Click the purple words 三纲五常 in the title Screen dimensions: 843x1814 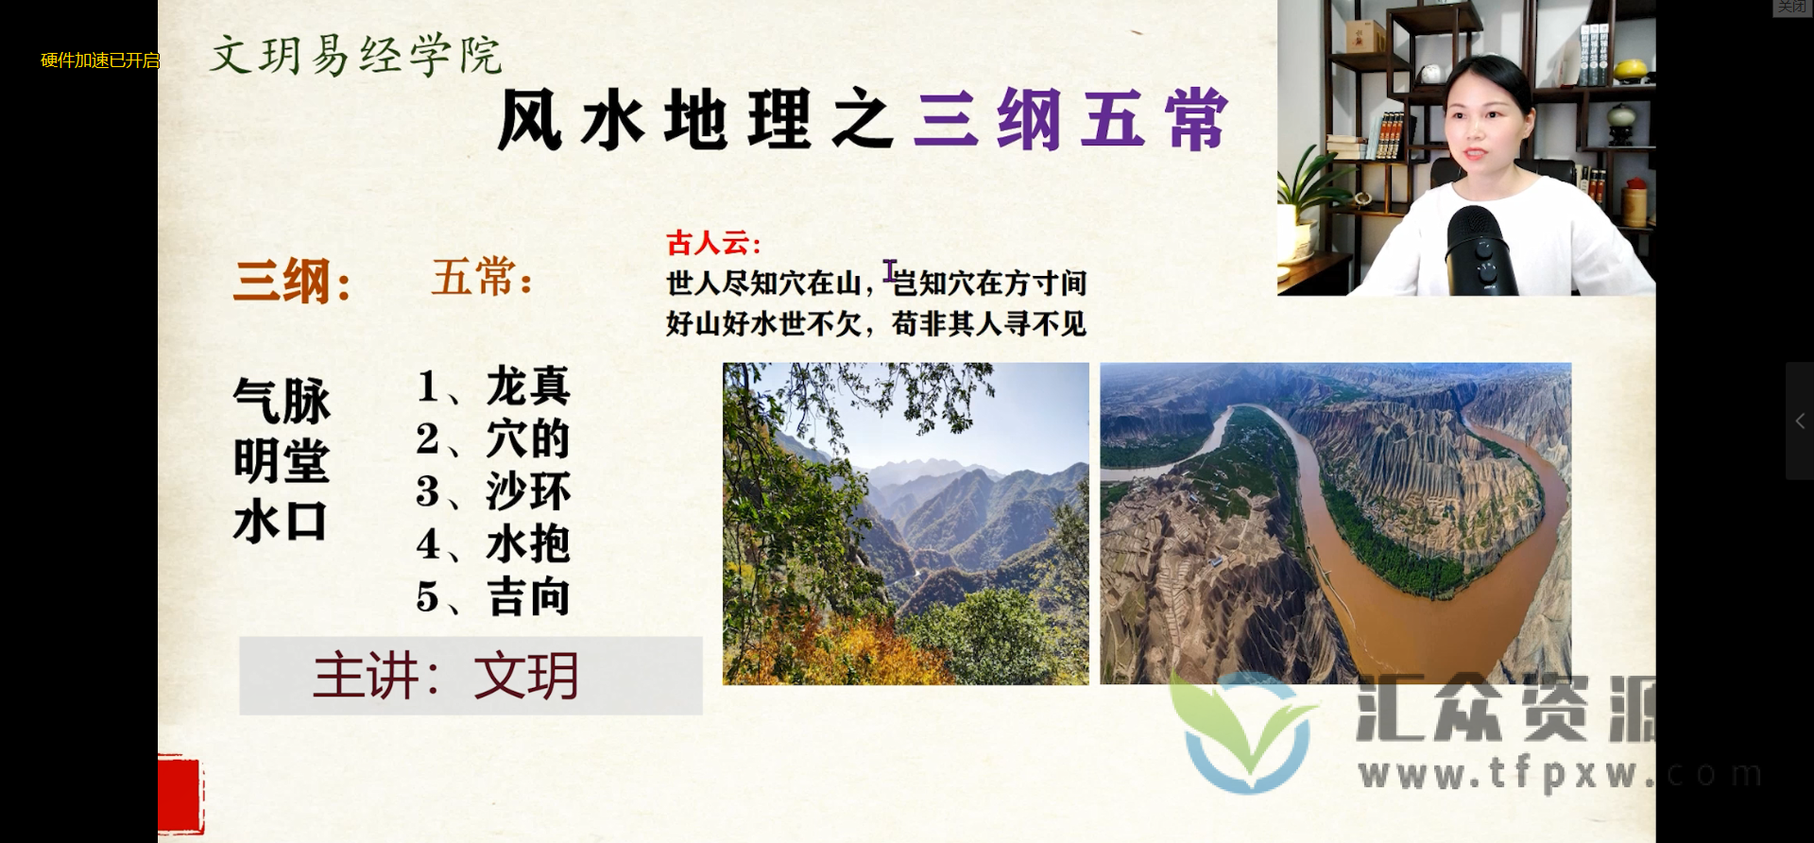[1070, 120]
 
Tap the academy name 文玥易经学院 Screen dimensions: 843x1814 [355, 55]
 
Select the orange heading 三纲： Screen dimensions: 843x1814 [293, 281]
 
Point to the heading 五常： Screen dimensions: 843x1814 [482, 278]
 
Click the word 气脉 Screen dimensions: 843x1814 [282, 400]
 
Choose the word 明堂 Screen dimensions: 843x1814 [282, 461]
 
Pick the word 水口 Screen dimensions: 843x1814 [280, 522]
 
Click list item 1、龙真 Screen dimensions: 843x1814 [493, 387]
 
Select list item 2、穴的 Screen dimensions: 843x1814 [493, 439]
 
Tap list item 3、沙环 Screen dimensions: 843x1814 [493, 491]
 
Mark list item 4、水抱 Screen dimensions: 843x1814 [493, 544]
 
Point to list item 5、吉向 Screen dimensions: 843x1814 [493, 597]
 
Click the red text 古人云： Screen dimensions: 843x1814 [713, 243]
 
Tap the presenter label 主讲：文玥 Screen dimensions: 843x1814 [446, 676]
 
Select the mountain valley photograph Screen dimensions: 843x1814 [905, 524]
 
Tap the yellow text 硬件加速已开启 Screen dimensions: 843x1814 [100, 60]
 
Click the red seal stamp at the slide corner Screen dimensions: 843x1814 [180, 794]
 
